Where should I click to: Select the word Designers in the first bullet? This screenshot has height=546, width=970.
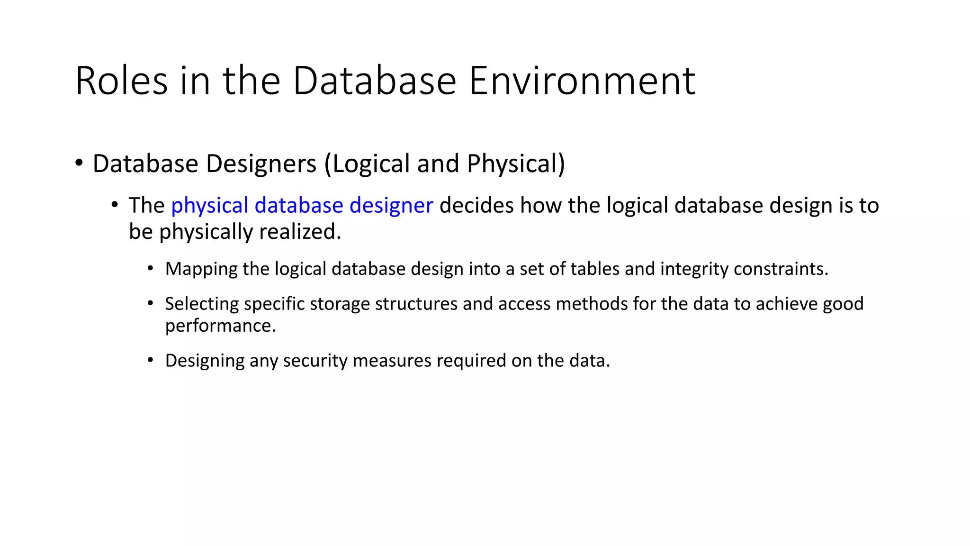click(x=261, y=164)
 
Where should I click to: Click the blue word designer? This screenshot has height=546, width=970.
click(x=391, y=206)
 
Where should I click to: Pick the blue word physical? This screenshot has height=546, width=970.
click(x=210, y=206)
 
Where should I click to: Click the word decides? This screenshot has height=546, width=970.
click(x=476, y=206)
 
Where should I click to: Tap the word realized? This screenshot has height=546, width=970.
click(x=300, y=232)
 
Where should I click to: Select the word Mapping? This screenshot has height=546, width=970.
click(x=201, y=269)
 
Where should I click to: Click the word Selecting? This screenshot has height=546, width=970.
click(x=202, y=304)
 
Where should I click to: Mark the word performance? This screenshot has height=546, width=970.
click(x=220, y=326)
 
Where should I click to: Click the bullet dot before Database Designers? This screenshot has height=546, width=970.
click(x=79, y=163)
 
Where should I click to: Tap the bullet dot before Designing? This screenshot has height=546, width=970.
click(x=150, y=360)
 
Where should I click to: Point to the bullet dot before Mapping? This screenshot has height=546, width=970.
click(x=150, y=268)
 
